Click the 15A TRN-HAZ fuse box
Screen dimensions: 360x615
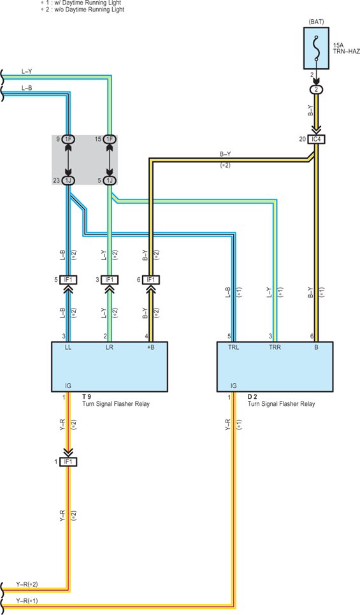pyautogui.click(x=316, y=48)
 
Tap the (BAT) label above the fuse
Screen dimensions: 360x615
pyautogui.click(x=317, y=22)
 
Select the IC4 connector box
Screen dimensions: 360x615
pyautogui.click(x=317, y=139)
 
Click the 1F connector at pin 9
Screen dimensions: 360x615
pyautogui.click(x=68, y=139)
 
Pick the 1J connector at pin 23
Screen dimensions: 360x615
pyautogui.click(x=68, y=180)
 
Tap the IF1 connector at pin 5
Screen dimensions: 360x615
pyautogui.click(x=68, y=280)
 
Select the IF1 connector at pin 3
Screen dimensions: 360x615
pyautogui.click(x=110, y=280)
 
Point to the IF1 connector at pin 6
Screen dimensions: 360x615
pyautogui.click(x=152, y=280)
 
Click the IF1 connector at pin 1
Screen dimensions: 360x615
pyautogui.click(x=68, y=461)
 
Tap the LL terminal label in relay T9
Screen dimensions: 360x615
pyautogui.click(x=68, y=347)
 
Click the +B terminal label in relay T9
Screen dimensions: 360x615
pyautogui.click(x=150, y=347)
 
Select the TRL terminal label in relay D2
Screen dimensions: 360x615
pyautogui.click(x=234, y=347)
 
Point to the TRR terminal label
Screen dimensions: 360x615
pyautogui.click(x=275, y=347)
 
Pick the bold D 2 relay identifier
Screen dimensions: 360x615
pyautogui.click(x=252, y=396)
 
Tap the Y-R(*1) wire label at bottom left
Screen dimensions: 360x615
pyautogui.click(x=27, y=600)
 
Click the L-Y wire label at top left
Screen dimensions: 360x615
pyautogui.click(x=27, y=71)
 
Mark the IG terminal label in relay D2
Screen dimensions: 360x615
pyautogui.click(x=233, y=386)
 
